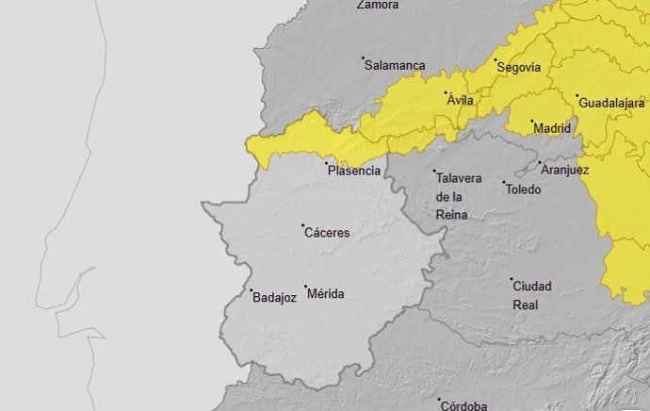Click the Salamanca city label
pyautogui.click(x=396, y=66)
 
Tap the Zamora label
pyautogui.click(x=378, y=5)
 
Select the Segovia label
pyautogui.click(x=519, y=68)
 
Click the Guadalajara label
pyautogui.click(x=611, y=102)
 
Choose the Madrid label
pyautogui.click(x=552, y=128)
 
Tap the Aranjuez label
pyautogui.click(x=565, y=171)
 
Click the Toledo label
pyautogui.click(x=524, y=189)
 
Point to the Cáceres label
pyautogui.click(x=328, y=233)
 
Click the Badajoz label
pyautogui.click(x=275, y=297)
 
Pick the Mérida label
pyautogui.click(x=326, y=294)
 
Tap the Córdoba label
pyautogui.click(x=465, y=406)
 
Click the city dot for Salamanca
pyautogui.click(x=364, y=58)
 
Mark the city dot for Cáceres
pyautogui.click(x=303, y=225)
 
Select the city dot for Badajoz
pyautogui.click(x=251, y=289)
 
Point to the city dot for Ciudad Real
pyautogui.click(x=512, y=279)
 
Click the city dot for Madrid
pyautogui.click(x=532, y=122)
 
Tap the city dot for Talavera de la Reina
pyautogui.click(x=435, y=172)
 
